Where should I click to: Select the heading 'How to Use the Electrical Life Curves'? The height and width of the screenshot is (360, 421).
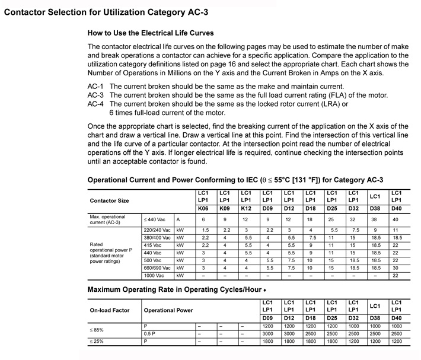tap(150, 33)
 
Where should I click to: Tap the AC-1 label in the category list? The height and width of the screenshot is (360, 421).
tap(95, 87)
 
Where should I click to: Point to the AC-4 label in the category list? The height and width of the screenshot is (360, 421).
tap(95, 104)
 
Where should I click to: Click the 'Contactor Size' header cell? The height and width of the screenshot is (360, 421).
tap(109, 201)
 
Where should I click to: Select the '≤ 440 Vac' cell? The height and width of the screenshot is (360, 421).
tap(154, 219)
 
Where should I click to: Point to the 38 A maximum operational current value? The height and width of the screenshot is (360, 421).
tap(375, 219)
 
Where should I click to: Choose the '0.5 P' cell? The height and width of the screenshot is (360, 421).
tap(149, 334)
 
